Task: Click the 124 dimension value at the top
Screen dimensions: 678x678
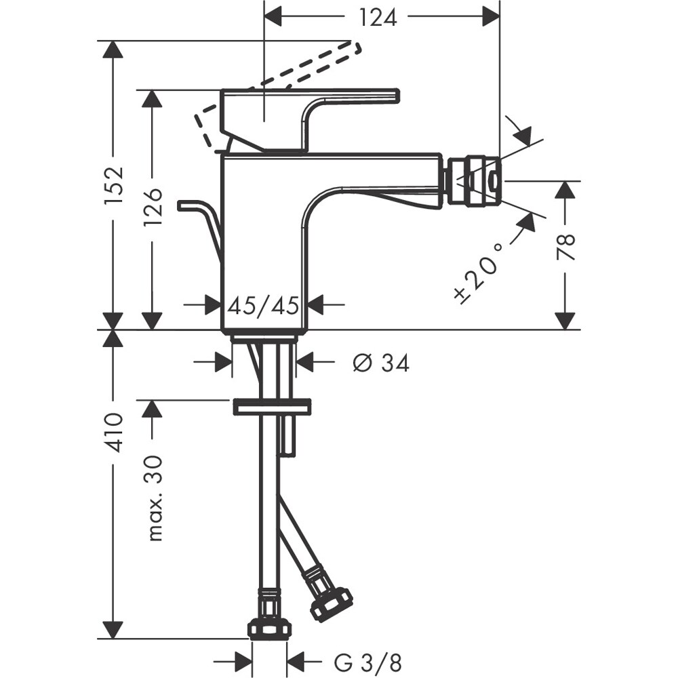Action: coord(378,17)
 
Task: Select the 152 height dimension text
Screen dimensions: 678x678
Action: coord(114,184)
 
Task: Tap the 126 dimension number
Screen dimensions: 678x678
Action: coord(153,207)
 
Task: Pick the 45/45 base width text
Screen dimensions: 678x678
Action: coord(263,306)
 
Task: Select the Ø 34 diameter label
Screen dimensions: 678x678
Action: coord(380,363)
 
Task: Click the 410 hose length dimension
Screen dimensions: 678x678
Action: coord(114,432)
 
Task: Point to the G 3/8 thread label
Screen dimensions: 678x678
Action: coord(363,660)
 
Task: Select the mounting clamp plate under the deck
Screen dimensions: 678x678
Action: coord(271,407)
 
